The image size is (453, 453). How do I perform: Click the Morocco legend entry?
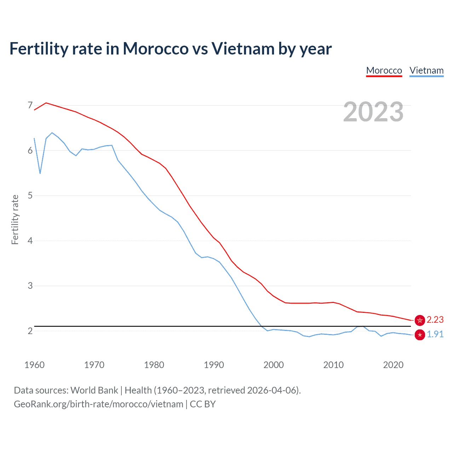coord(384,70)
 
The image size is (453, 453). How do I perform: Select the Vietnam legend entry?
coord(426,70)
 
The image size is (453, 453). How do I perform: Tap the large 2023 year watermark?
coord(373,112)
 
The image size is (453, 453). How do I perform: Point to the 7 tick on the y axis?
coord(30,105)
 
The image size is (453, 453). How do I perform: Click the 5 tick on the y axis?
coord(30,195)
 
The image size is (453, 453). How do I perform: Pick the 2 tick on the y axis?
coord(30,331)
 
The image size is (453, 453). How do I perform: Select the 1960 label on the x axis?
coord(34,365)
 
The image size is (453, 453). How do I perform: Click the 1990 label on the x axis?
coord(214,365)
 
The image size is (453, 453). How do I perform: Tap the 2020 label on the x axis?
coord(393,365)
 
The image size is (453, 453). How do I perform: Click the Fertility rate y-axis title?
coord(15,219)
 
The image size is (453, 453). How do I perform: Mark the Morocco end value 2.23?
coord(435,320)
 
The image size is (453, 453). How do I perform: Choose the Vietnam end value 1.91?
coord(435,334)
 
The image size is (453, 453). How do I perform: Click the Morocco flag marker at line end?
coord(420,320)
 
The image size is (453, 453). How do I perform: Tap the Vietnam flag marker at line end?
coord(420,335)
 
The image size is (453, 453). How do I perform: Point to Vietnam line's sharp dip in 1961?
coord(40,173)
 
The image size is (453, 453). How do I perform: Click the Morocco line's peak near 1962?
coord(46,103)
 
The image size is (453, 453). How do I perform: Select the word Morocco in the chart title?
coord(156,48)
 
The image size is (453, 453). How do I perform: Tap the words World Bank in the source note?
coord(94,390)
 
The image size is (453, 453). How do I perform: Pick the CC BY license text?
coord(203,404)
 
